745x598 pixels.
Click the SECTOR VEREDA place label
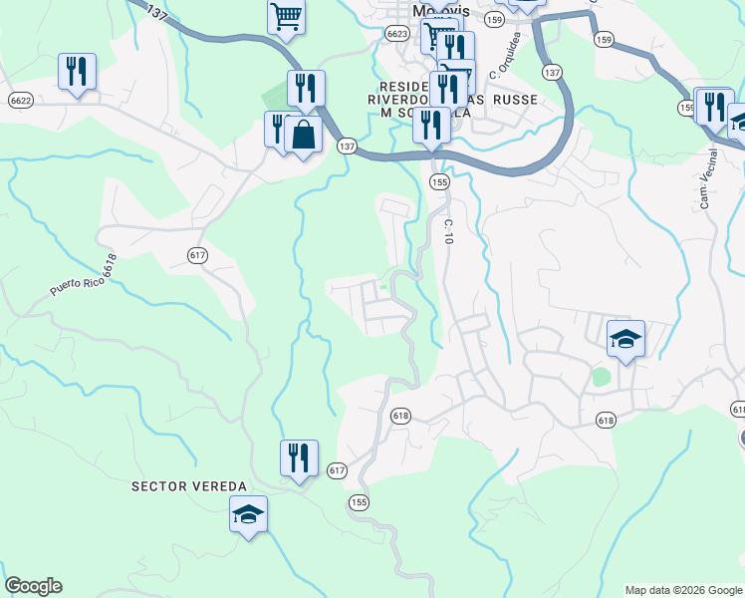click(188, 485)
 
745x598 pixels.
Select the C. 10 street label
click(448, 232)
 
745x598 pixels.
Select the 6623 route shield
click(397, 34)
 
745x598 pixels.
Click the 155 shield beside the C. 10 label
click(438, 181)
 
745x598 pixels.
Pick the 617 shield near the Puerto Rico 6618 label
click(197, 255)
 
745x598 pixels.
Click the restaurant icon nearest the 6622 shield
click(77, 72)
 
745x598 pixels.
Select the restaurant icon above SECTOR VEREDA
click(299, 458)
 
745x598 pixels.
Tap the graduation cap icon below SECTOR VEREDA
click(248, 514)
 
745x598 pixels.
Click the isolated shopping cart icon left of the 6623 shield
click(286, 16)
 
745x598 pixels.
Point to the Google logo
click(33, 586)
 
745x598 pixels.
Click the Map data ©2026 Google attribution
click(683, 590)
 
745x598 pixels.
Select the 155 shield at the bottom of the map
click(359, 503)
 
